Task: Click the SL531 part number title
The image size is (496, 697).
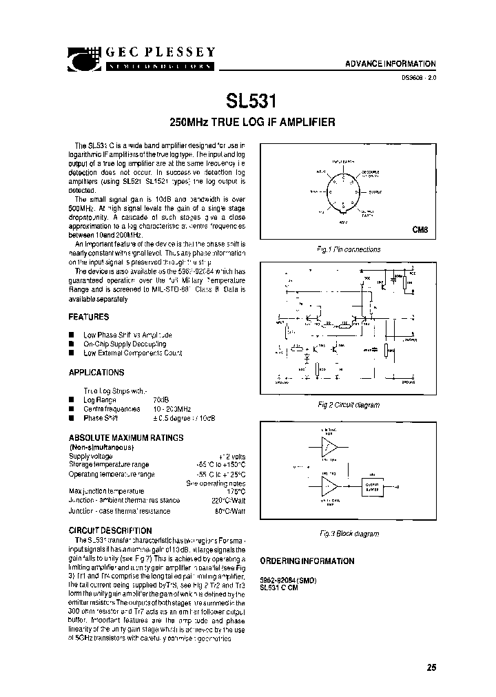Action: pyautogui.click(x=251, y=101)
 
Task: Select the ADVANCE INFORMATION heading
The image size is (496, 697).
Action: pyautogui.click(x=391, y=63)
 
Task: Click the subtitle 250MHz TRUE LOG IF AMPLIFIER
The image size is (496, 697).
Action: pyautogui.click(x=252, y=123)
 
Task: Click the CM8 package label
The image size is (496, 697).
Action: pyautogui.click(x=420, y=231)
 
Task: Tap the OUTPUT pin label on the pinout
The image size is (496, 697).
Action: pyautogui.click(x=375, y=191)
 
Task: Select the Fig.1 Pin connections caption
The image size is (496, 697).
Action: pyautogui.click(x=349, y=250)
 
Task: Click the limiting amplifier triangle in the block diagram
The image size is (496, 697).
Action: pyautogui.click(x=329, y=448)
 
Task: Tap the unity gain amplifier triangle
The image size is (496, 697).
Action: pyautogui.click(x=329, y=488)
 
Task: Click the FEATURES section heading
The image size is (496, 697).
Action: pyautogui.click(x=89, y=317)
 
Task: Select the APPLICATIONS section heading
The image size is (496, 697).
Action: pyautogui.click(x=96, y=373)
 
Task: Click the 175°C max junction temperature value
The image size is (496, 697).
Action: pyautogui.click(x=235, y=490)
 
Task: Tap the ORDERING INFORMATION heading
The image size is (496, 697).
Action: pyautogui.click(x=307, y=561)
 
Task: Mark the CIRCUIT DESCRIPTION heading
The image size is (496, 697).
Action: pyautogui.click(x=110, y=530)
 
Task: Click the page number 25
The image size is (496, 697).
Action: pyautogui.click(x=431, y=667)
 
